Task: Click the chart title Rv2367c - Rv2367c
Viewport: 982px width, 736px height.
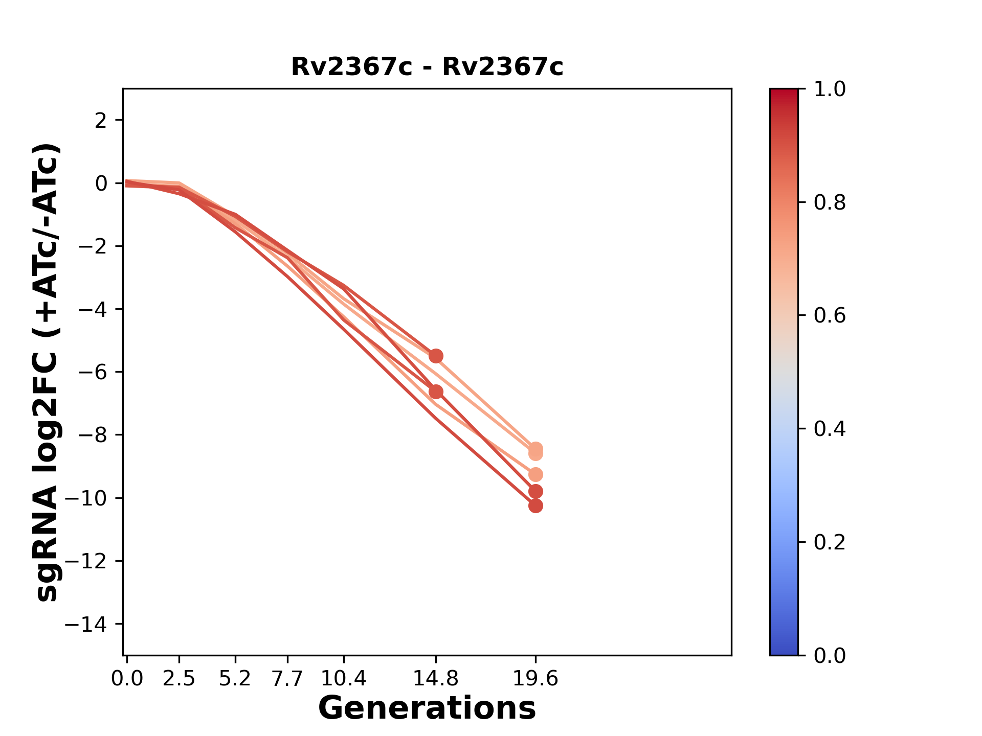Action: tap(427, 67)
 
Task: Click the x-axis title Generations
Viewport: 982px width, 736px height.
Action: tap(427, 708)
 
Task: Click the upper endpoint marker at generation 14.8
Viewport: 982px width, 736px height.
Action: tap(436, 356)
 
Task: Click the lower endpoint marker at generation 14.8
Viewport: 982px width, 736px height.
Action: tap(436, 392)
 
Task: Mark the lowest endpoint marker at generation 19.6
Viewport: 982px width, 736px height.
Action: tap(535, 506)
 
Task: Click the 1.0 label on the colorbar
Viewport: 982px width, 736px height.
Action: tap(830, 89)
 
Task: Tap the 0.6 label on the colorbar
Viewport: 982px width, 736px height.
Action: tap(830, 316)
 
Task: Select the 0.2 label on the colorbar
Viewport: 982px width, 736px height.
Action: tap(830, 542)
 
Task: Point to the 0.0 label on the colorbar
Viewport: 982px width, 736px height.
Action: tap(830, 656)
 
